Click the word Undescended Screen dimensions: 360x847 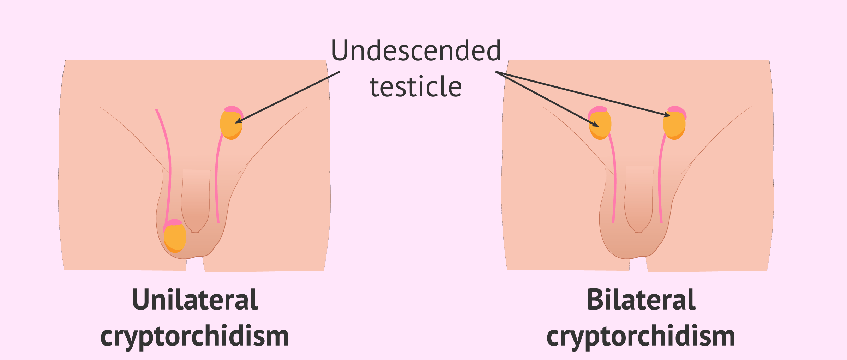(416, 50)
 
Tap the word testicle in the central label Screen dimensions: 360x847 (416, 87)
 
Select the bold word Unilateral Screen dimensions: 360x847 (195, 300)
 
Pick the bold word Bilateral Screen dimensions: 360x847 (641, 300)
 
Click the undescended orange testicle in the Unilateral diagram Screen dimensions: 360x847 (231, 125)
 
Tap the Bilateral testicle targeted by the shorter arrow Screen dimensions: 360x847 (600, 125)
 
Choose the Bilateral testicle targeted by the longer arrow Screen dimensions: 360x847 (674, 125)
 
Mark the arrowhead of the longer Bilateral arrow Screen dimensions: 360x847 (668, 115)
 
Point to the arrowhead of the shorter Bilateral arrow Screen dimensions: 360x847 (596, 125)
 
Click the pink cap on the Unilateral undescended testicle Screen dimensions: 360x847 (233, 109)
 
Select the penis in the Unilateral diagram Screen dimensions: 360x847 (196, 201)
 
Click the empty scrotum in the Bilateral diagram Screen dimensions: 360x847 (632, 244)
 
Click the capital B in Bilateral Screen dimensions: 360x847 (594, 300)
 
